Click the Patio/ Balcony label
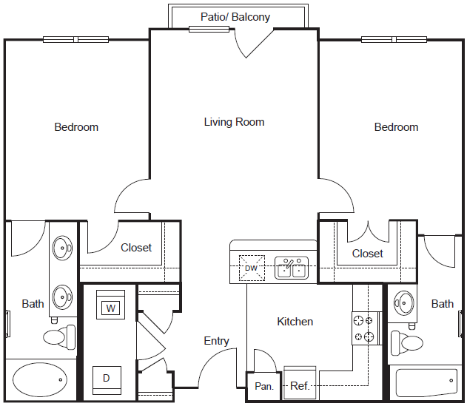click(x=235, y=17)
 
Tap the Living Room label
click(x=234, y=122)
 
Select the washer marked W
click(x=110, y=308)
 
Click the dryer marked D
click(x=106, y=378)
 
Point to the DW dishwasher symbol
click(x=252, y=268)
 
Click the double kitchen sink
click(x=292, y=268)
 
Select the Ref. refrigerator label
click(x=299, y=386)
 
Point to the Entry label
click(x=216, y=341)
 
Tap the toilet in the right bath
click(x=409, y=342)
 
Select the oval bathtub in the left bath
click(x=39, y=379)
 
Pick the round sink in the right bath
click(x=405, y=302)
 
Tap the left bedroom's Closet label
click(x=136, y=248)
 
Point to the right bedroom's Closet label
click(x=368, y=254)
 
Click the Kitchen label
click(x=295, y=322)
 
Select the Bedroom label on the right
click(x=396, y=127)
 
